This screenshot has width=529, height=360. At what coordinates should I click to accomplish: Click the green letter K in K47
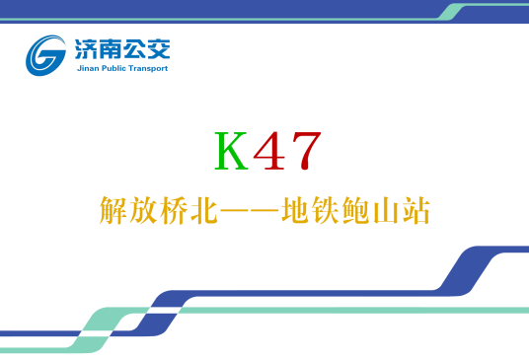(x=232, y=151)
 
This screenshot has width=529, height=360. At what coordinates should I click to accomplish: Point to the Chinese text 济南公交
(x=118, y=48)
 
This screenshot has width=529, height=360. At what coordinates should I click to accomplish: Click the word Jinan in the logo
(x=87, y=68)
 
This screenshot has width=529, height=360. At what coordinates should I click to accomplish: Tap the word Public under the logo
(x=113, y=68)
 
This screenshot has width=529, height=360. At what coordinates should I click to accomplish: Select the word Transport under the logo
(x=149, y=68)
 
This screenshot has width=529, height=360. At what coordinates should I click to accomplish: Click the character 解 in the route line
(x=113, y=211)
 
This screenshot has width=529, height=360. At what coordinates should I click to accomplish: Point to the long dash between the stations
(x=250, y=211)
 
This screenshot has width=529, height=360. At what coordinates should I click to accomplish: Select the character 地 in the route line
(x=295, y=211)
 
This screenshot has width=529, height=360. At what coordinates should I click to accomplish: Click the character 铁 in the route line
(x=326, y=211)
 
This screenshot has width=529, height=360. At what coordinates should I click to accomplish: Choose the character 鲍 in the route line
(x=356, y=211)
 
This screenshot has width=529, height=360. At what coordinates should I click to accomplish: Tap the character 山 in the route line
(x=387, y=211)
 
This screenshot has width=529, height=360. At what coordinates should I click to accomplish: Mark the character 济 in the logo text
(x=85, y=48)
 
